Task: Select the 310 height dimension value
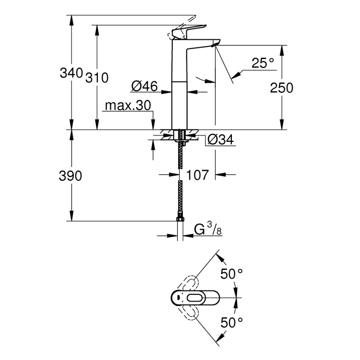tap(97, 78)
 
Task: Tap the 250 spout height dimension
tap(282, 88)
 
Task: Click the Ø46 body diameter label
tap(144, 86)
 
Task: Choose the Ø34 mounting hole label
tap(220, 140)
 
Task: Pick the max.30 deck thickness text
tap(127, 106)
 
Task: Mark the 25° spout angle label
tap(263, 63)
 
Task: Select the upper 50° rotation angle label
tap(231, 274)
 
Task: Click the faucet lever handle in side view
tap(189, 31)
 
